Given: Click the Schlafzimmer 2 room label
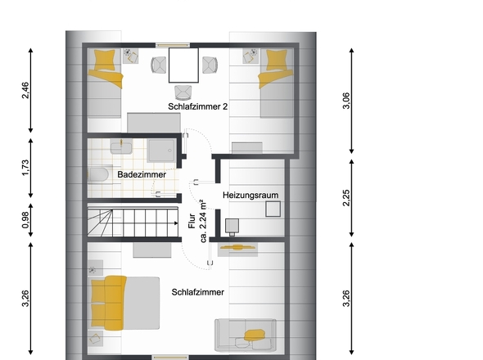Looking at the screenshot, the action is coord(198,106).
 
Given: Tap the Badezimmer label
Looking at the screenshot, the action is coord(142,174).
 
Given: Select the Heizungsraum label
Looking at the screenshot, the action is coord(251,196).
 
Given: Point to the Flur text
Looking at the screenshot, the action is coord(192,221).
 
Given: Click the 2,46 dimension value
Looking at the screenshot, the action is coord(25,90).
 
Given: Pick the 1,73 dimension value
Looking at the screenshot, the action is coord(25,168).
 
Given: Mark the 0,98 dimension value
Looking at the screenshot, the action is coord(25,220).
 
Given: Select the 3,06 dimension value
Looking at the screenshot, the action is coord(346,101).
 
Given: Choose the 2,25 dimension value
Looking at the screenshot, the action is coord(346,198).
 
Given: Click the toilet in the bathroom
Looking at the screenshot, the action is coord(98,174).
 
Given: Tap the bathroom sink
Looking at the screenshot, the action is coord(121,147).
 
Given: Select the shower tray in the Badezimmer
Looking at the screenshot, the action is coord(161,151).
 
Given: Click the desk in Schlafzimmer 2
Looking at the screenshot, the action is coord(183,65).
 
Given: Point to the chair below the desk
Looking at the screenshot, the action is coord(183,92).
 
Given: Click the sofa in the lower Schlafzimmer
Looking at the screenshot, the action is coord(246,335).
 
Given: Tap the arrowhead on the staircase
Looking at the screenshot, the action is coord(176,223).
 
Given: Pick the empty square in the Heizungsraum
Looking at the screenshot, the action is coord(273,209).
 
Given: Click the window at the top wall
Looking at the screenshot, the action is coord(173,45).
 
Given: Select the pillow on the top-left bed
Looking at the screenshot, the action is coord(105,60).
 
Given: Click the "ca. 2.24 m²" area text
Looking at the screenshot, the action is coord(203,221).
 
